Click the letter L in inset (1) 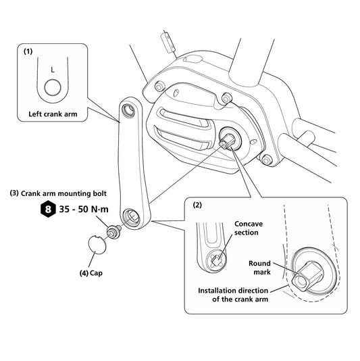(x=53, y=70)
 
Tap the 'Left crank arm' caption (x=53, y=114)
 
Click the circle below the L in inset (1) (x=53, y=88)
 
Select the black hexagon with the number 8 (x=48, y=210)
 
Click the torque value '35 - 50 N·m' (x=84, y=210)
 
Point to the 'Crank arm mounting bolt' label (x=63, y=193)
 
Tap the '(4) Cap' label (x=91, y=273)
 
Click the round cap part (x=97, y=245)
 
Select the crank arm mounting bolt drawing (x=114, y=232)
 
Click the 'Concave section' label (x=249, y=228)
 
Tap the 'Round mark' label (x=260, y=268)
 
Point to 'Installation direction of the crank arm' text (x=233, y=295)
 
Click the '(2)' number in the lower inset (x=197, y=205)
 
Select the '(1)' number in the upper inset (x=28, y=51)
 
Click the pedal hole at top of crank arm (x=129, y=110)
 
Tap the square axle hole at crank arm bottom (x=133, y=217)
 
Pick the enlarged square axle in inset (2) (x=307, y=276)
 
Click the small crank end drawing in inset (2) (x=211, y=247)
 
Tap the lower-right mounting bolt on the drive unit (x=267, y=160)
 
